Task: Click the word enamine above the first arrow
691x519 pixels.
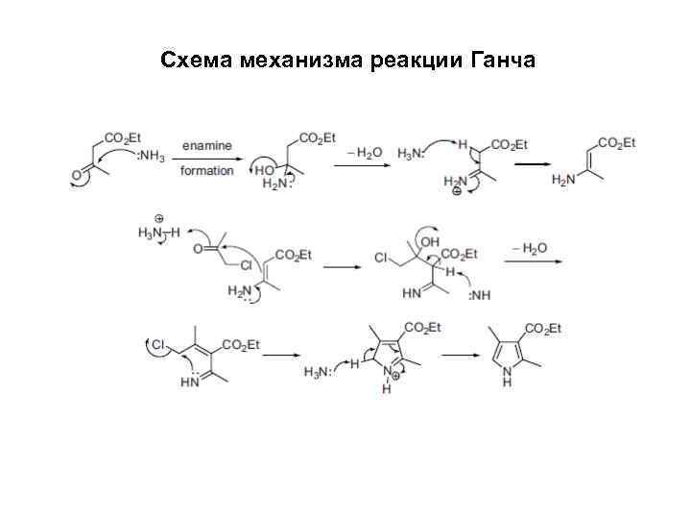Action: click(206, 145)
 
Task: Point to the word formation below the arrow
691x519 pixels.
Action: click(206, 170)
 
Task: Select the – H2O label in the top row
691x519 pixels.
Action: click(361, 152)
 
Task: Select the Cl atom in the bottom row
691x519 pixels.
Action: click(156, 342)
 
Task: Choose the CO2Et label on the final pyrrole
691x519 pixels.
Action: click(542, 330)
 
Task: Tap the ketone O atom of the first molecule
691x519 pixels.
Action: click(77, 177)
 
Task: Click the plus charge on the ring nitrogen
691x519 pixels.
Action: click(393, 376)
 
